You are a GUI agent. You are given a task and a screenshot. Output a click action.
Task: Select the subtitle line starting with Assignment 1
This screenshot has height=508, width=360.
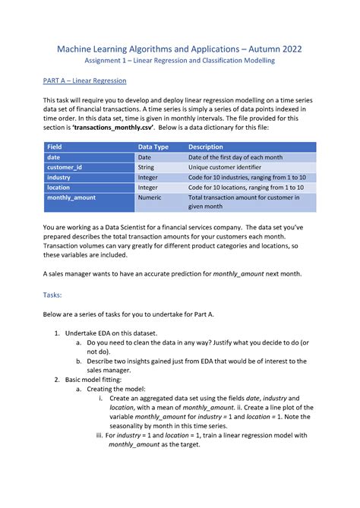tap(179, 61)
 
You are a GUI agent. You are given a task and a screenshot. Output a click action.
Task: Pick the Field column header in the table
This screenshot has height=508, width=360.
tap(55, 147)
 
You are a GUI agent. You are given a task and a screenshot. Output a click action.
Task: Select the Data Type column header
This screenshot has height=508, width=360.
tap(153, 147)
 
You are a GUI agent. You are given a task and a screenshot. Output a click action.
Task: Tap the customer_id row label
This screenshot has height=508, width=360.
tap(64, 166)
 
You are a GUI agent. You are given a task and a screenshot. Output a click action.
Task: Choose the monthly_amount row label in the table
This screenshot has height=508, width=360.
tap(71, 197)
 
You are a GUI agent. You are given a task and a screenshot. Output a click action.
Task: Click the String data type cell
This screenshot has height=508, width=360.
tap(146, 166)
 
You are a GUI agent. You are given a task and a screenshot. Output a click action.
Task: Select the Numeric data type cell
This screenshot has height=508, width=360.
tap(150, 197)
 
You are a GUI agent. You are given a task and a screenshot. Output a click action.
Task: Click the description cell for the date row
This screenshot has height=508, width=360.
tap(235, 156)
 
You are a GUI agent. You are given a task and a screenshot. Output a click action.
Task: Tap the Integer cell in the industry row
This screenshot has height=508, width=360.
tap(148, 176)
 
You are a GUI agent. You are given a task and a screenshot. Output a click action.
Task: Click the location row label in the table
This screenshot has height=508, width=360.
tap(58, 186)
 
